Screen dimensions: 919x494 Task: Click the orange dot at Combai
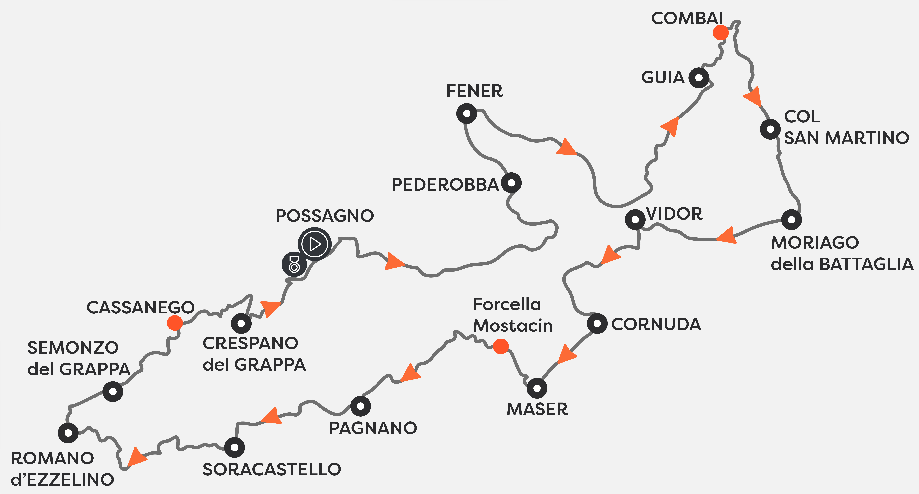coord(720,32)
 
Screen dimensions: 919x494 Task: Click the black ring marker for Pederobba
coord(511,183)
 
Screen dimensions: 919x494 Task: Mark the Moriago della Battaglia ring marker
coord(791,220)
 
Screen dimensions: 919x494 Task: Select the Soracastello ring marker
coord(234,447)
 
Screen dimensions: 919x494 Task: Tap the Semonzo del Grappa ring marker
coord(113,392)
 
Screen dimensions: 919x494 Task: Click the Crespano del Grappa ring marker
coord(241,323)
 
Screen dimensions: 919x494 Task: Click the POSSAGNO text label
coord(325,216)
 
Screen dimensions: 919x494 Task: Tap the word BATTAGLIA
coord(866,264)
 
